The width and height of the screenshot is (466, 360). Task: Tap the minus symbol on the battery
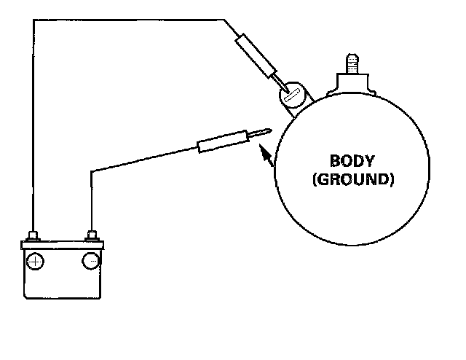(92, 261)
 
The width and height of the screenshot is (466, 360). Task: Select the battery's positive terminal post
(33, 235)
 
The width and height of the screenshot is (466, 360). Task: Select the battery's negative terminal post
(92, 235)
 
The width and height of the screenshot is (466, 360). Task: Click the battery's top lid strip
(63, 245)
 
